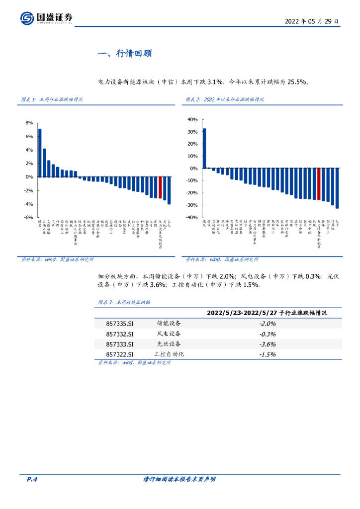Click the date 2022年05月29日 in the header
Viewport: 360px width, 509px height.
(312, 21)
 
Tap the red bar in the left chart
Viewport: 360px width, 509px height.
(160, 187)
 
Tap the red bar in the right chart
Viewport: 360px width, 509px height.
(319, 184)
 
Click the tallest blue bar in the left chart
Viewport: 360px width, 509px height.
(40, 153)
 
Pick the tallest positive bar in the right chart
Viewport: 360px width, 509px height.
(204, 148)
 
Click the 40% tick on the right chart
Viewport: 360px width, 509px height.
(192, 120)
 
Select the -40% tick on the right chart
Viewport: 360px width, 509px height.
(191, 217)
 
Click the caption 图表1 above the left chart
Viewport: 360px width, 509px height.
(51, 100)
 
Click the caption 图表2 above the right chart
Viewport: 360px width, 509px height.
(225, 100)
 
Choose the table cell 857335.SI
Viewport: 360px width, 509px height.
(120, 324)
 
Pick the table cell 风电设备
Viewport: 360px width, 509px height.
(169, 334)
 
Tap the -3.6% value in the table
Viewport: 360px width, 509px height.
(268, 344)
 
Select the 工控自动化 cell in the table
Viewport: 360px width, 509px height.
(169, 354)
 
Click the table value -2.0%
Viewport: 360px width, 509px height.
(268, 324)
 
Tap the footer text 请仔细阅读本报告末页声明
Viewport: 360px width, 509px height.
(180, 479)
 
